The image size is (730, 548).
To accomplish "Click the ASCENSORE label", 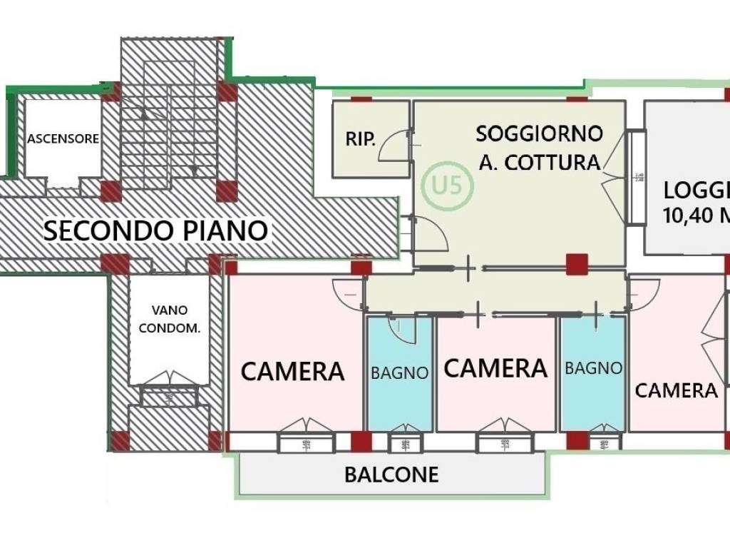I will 63,138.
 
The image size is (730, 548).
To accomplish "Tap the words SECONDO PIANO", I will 155,230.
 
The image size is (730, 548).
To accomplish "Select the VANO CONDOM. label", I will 170,319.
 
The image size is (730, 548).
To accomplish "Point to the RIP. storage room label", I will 361,139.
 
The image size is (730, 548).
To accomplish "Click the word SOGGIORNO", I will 539,133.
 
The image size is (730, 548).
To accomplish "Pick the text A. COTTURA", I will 539,163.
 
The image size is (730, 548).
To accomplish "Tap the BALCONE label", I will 391,475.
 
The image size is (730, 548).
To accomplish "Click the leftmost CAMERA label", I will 292,371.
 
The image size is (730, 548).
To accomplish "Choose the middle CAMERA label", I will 495,368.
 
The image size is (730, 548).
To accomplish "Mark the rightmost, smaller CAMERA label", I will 676,390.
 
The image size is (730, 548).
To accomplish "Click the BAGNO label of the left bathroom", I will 399,372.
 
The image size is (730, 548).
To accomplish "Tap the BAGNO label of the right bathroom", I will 593,368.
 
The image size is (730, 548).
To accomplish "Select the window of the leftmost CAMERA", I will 306,442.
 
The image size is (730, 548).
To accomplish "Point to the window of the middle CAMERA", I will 505,442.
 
